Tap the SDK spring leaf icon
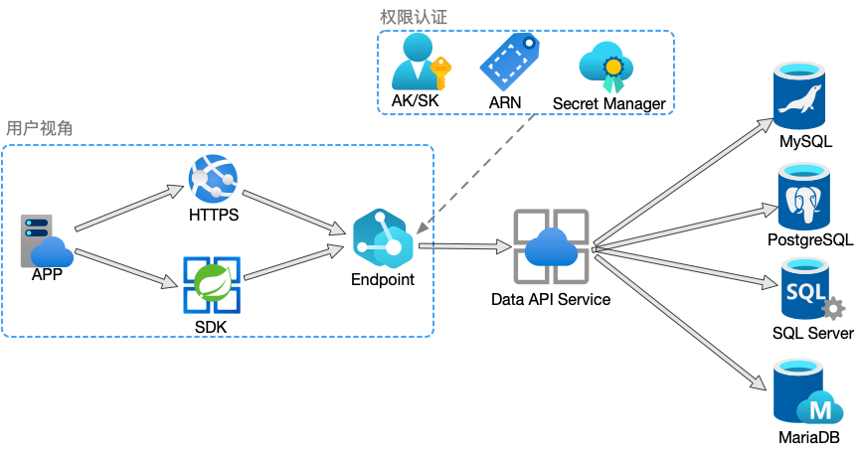pyautogui.click(x=211, y=284)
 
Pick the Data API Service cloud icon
pyautogui.click(x=551, y=245)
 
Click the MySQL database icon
pyautogui.click(x=804, y=95)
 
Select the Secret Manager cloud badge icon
pyautogui.click(x=607, y=62)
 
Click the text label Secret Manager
pyautogui.click(x=608, y=102)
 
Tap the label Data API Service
pyautogui.click(x=551, y=298)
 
